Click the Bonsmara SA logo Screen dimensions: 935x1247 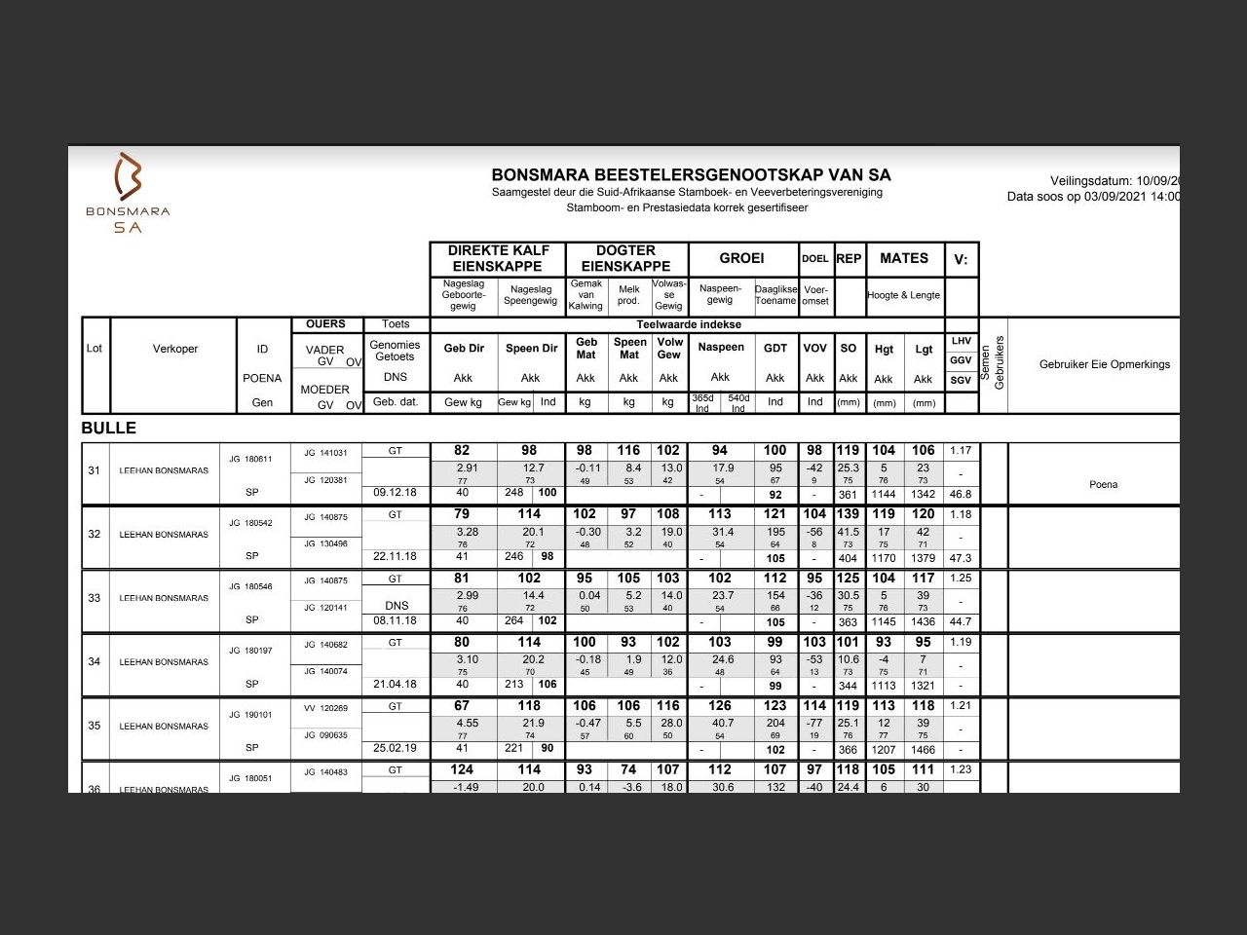point(128,193)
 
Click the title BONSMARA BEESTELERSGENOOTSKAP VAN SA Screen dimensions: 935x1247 point(691,175)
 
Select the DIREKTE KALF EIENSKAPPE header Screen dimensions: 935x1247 point(498,258)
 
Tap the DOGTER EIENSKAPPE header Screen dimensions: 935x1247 point(625,258)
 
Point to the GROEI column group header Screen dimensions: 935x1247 point(741,258)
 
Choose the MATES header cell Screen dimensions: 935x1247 point(904,258)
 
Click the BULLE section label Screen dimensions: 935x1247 point(109,429)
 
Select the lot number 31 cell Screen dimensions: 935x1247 point(94,470)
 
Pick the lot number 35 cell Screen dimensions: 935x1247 point(94,726)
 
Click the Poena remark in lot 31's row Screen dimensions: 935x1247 point(1104,484)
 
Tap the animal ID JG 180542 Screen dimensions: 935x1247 point(250,523)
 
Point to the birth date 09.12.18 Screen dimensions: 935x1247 point(395,493)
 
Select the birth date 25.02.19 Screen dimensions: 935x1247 point(395,749)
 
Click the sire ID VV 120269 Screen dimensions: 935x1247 point(325,708)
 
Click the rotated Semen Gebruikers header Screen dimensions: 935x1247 point(993,363)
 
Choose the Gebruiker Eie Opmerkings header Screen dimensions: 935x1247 point(1104,364)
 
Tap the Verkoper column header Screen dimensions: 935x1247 point(175,349)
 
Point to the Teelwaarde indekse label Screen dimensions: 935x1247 point(689,324)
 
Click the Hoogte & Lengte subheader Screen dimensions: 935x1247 point(904,295)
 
